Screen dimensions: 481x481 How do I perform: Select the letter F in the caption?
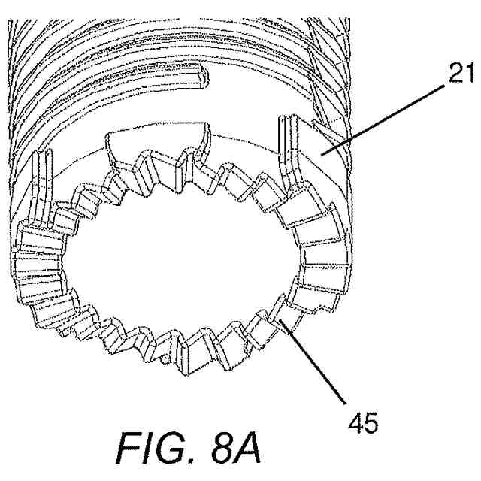tap(121, 449)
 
